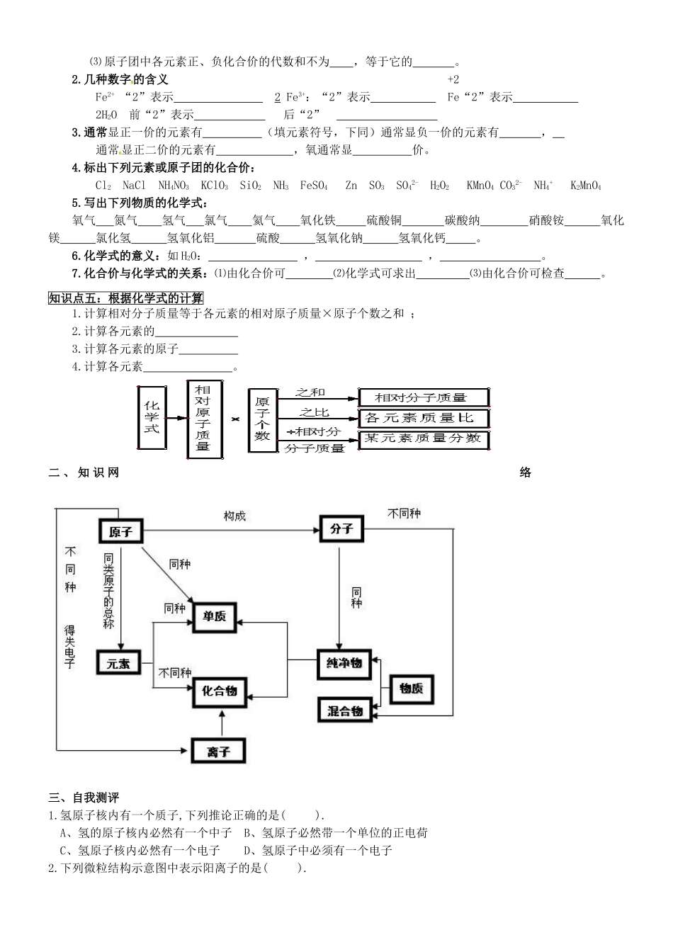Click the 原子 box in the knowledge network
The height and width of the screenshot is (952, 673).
point(120,531)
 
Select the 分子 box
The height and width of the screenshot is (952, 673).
point(341,529)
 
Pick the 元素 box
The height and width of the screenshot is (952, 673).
point(118,664)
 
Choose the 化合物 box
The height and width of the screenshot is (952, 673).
point(219,690)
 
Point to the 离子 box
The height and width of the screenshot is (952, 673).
point(219,751)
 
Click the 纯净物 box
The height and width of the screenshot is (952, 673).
point(344,663)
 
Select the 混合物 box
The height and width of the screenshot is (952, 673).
point(345,710)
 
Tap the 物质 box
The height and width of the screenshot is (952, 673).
point(412,688)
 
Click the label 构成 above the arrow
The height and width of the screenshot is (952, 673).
point(234,516)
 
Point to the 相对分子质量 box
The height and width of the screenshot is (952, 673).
point(424,397)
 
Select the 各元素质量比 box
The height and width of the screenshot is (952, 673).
point(424,418)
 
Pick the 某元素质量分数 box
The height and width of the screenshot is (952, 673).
point(424,439)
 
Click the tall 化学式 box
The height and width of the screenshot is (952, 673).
point(152,417)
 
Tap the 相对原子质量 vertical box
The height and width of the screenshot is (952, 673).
point(203,418)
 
